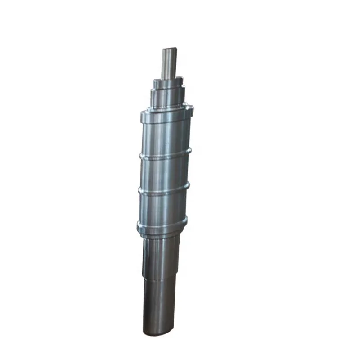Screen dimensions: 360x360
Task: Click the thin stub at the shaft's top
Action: click(170, 63)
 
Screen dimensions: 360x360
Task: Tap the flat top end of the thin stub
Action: click(170, 49)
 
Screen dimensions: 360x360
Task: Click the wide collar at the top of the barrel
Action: click(166, 115)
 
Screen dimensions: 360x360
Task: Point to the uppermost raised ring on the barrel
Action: click(165, 155)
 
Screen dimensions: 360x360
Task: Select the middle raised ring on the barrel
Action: click(164, 190)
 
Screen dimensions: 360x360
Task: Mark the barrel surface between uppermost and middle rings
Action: click(165, 173)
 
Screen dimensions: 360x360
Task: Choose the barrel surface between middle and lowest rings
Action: click(163, 208)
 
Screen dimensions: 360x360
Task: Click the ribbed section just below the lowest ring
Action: click(161, 252)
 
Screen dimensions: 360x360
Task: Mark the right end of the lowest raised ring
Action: click(186, 220)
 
